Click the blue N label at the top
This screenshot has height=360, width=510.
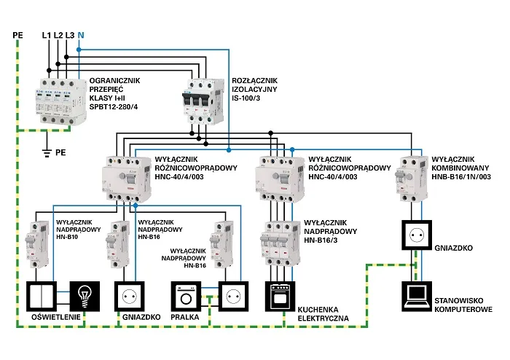tap(80, 35)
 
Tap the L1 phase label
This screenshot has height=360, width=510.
tap(47, 35)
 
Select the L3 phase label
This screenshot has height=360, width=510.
tap(69, 35)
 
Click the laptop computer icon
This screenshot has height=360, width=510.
tap(418, 295)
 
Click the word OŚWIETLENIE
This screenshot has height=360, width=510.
tap(52, 318)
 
